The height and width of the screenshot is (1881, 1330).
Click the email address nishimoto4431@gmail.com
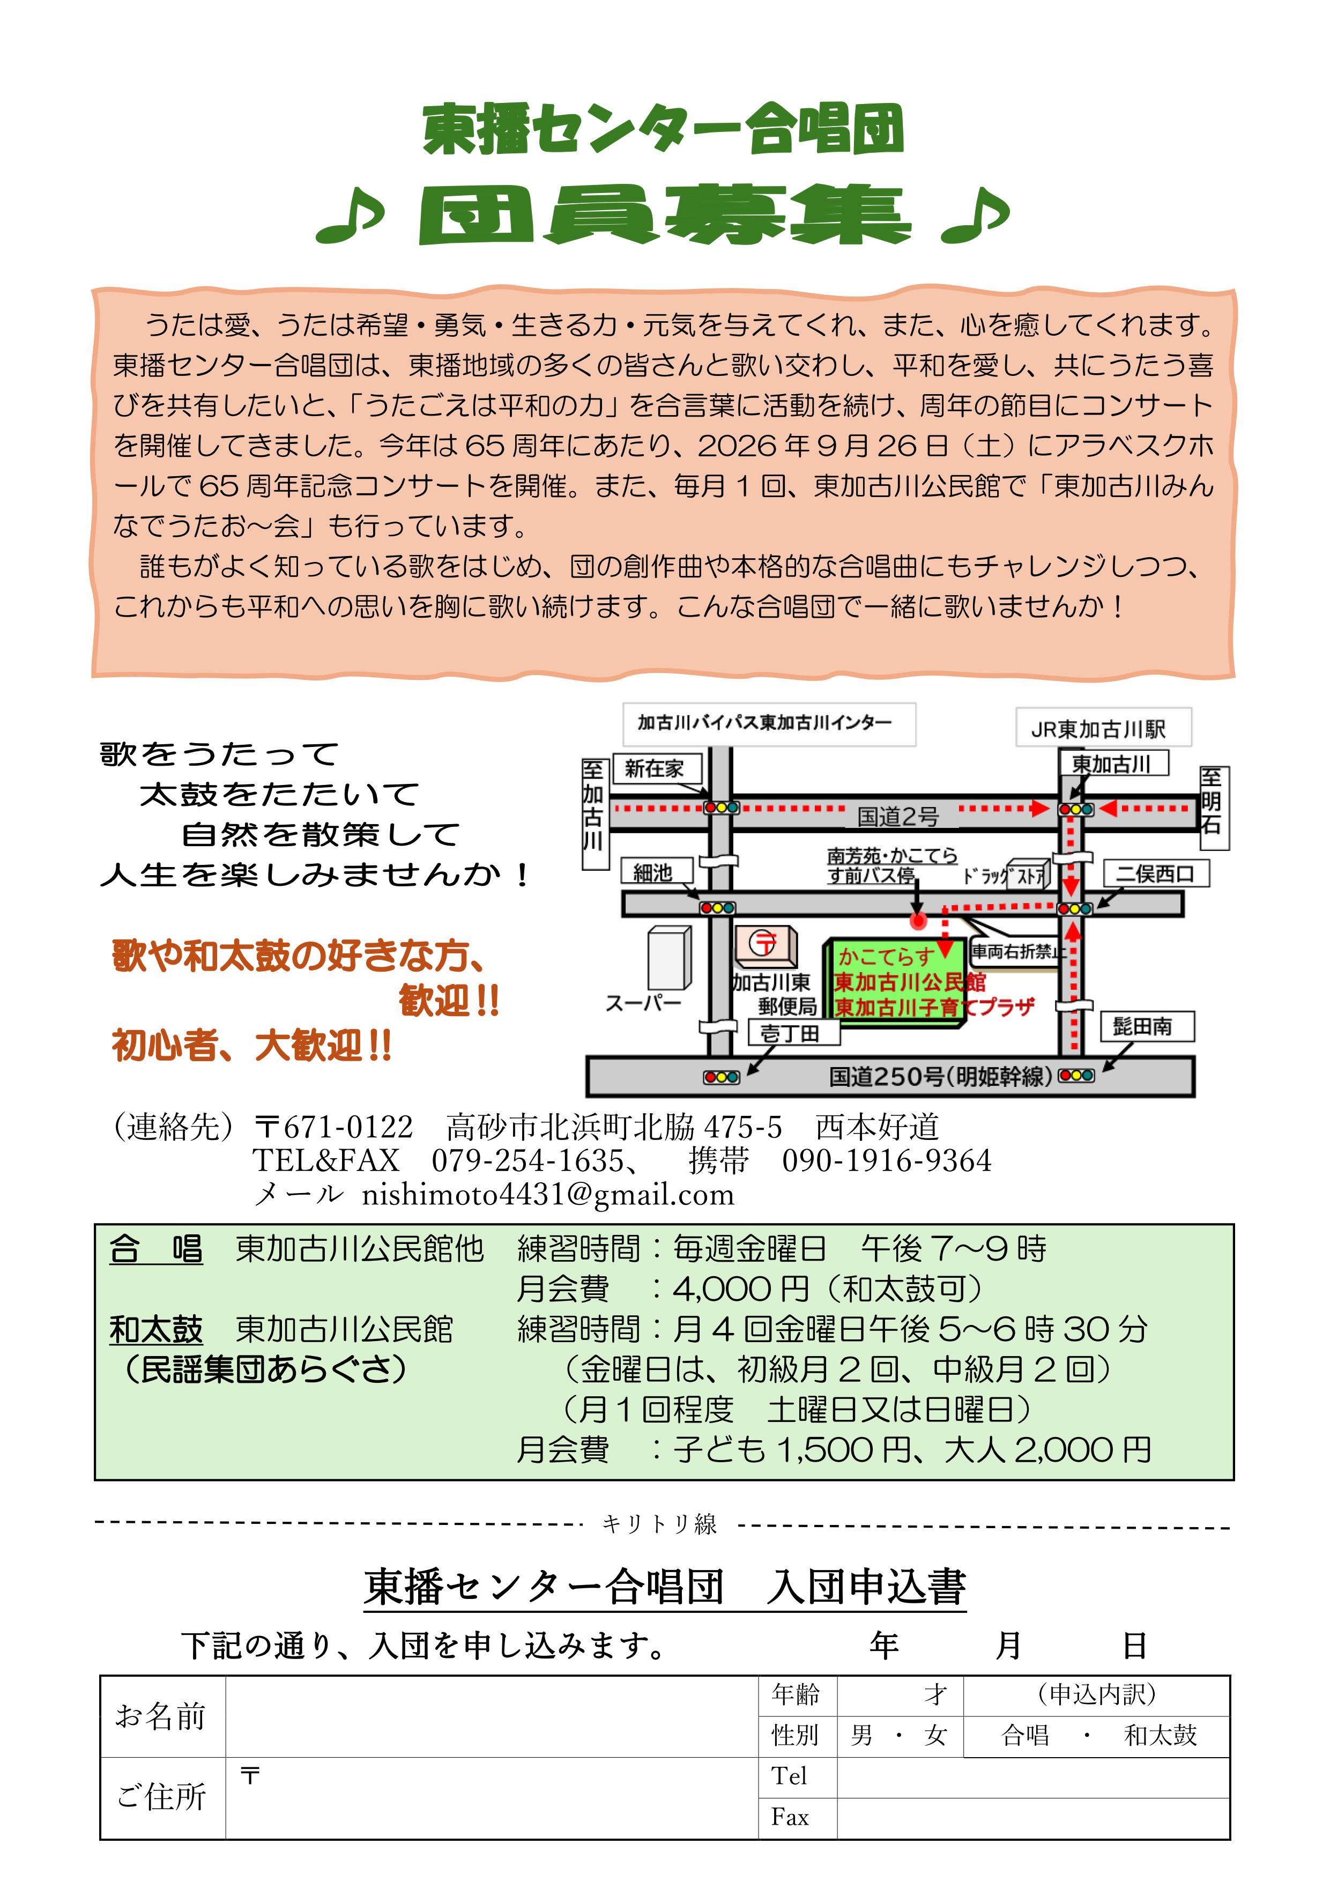click(x=548, y=1195)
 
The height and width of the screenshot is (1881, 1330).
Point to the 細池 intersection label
click(x=653, y=872)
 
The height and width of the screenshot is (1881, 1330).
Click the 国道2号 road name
click(x=897, y=816)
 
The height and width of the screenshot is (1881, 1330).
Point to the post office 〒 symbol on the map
click(x=765, y=943)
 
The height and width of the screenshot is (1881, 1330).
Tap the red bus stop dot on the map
click(x=918, y=921)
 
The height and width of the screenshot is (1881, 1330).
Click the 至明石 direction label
click(x=1213, y=808)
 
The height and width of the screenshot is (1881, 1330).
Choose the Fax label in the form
click(x=790, y=1817)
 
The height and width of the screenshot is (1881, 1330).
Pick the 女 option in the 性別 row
click(x=935, y=1735)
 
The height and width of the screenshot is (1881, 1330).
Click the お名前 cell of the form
click(x=161, y=1715)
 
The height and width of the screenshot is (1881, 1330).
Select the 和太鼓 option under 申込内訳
click(x=1161, y=1735)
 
